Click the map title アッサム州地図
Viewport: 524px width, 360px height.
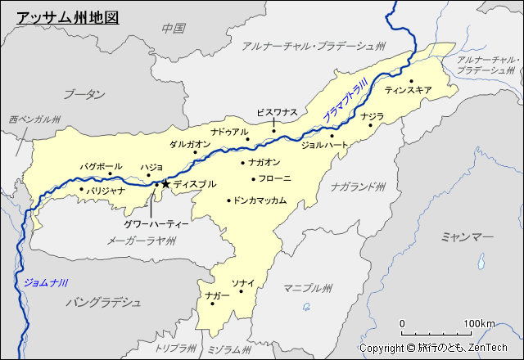(68, 16)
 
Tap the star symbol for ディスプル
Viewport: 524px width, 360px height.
(165, 185)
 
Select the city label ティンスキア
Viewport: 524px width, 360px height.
(408, 91)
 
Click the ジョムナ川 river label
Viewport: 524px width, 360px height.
(45, 282)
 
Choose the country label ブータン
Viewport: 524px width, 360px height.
(84, 94)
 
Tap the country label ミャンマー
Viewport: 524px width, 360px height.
(467, 236)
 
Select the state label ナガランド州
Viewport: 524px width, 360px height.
(358, 187)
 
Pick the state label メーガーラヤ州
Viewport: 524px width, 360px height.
(142, 240)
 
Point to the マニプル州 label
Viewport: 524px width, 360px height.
(308, 288)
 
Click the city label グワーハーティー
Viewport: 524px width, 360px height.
(156, 223)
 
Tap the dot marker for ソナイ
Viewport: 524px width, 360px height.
(241, 291)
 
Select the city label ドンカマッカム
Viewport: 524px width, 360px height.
(260, 200)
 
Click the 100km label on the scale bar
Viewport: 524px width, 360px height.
(479, 324)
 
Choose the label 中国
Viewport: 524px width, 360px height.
(174, 28)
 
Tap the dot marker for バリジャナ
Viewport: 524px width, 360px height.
(82, 190)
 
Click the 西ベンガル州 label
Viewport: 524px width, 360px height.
(35, 119)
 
